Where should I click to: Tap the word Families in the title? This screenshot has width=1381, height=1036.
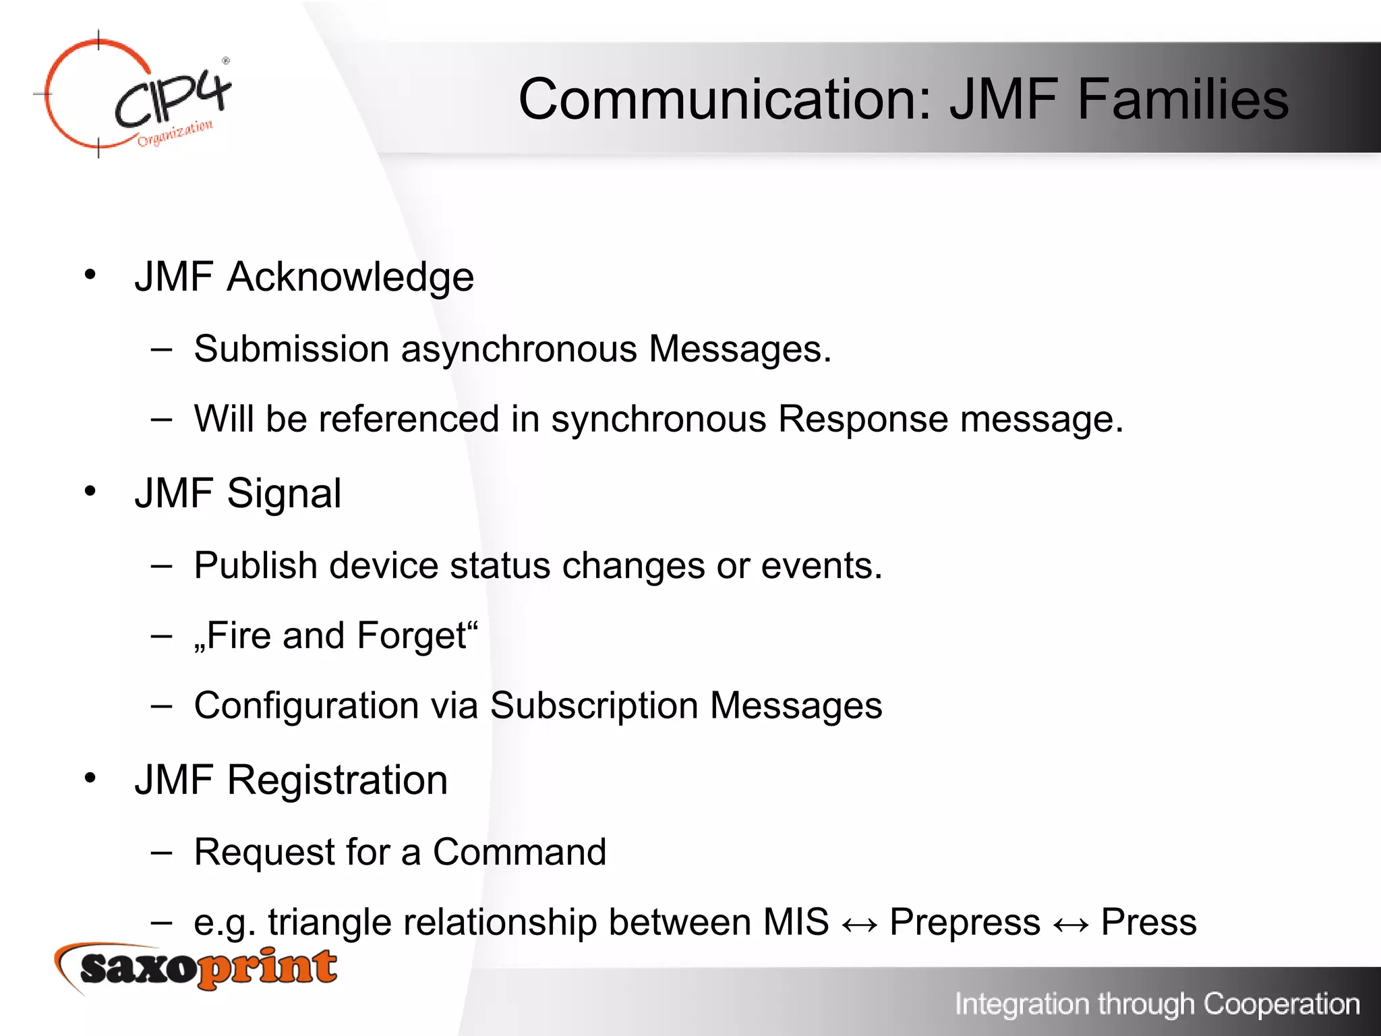click(x=1183, y=99)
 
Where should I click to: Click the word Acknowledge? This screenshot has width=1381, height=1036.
click(x=350, y=277)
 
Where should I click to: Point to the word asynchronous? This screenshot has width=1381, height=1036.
click(x=519, y=349)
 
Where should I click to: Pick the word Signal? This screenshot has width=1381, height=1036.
click(x=284, y=494)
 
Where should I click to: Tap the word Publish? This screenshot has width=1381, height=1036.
click(x=256, y=565)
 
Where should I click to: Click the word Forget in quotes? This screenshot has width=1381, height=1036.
click(x=411, y=636)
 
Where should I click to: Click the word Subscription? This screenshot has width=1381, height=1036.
click(x=593, y=706)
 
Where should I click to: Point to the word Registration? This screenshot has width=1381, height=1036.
click(x=337, y=780)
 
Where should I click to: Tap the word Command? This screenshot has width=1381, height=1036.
click(x=519, y=852)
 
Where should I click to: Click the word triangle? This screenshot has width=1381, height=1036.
click(x=330, y=923)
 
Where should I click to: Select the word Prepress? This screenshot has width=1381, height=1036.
click(x=965, y=923)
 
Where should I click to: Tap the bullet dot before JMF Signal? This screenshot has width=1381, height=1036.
click(x=90, y=491)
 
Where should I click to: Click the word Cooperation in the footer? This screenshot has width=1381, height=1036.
click(x=1281, y=1004)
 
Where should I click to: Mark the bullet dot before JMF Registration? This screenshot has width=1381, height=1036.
click(x=90, y=778)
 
